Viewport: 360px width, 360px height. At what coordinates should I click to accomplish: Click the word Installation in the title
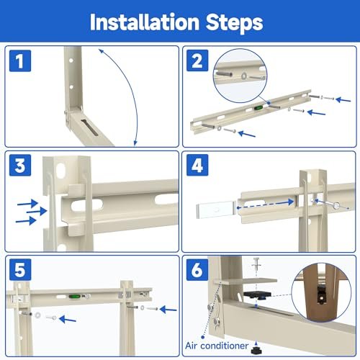pyautogui.click(x=139, y=22)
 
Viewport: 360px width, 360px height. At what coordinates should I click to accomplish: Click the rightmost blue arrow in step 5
pyautogui.click(x=168, y=310)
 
